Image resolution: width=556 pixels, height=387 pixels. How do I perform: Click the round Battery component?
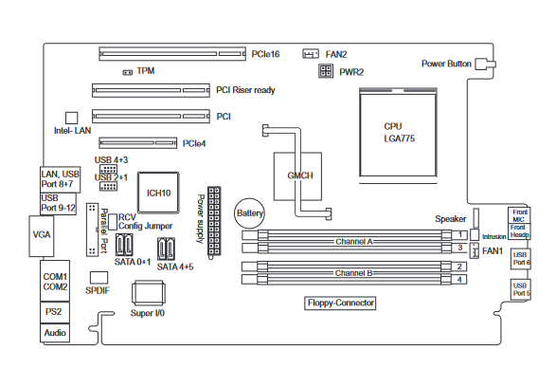click(x=250, y=213)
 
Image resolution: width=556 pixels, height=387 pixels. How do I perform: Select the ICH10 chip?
click(x=158, y=193)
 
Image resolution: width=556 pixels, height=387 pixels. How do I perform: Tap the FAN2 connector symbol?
click(x=311, y=54)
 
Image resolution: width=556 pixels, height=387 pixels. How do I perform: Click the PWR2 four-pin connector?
click(x=326, y=70)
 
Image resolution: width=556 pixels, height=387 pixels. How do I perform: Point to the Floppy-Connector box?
click(x=340, y=303)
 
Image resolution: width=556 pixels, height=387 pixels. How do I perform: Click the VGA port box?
click(x=42, y=235)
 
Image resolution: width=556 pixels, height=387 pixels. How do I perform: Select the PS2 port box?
click(x=55, y=312)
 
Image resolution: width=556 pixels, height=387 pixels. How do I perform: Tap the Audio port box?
click(x=55, y=333)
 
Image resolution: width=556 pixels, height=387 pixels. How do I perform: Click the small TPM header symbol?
click(x=127, y=72)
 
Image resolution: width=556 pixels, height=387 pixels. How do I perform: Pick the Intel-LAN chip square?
click(x=72, y=118)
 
